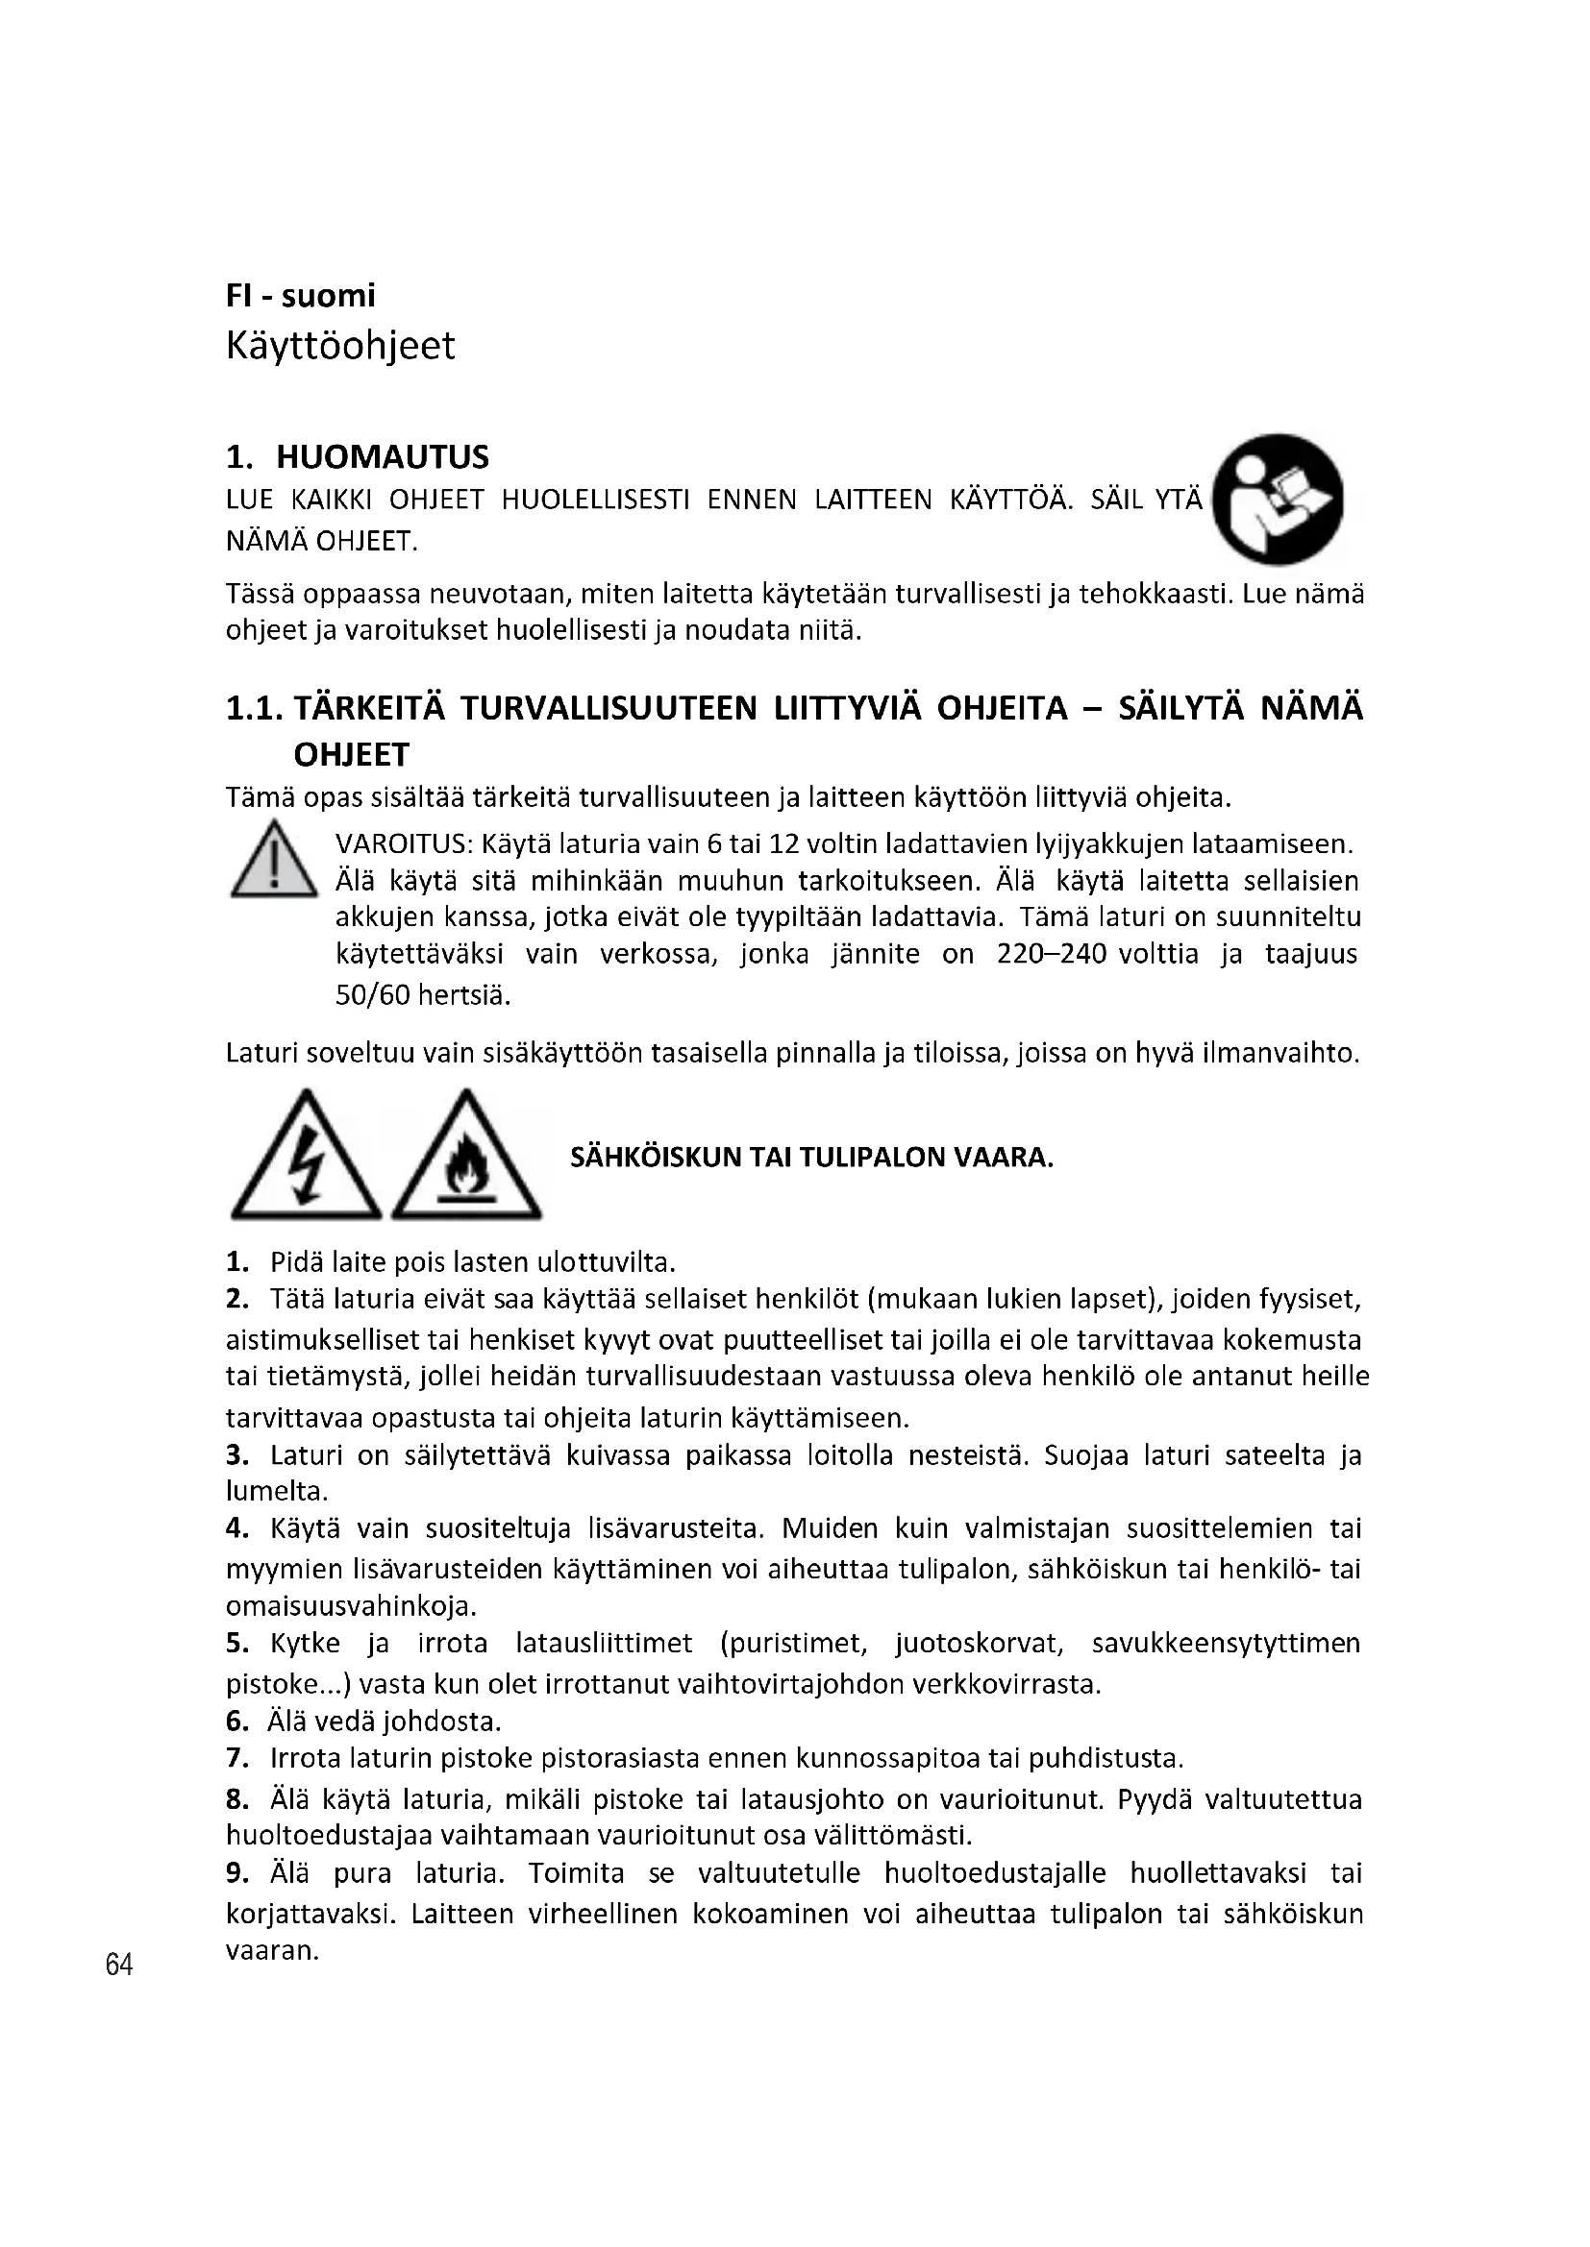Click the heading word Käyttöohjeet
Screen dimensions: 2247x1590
[339, 347]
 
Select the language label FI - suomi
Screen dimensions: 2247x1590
[300, 296]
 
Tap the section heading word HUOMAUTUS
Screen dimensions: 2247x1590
[382, 457]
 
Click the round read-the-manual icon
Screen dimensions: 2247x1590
[1277, 500]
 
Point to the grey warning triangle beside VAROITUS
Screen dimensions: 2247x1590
[273, 861]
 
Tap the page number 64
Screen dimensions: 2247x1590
[118, 1965]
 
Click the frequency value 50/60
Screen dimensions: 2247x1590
[372, 996]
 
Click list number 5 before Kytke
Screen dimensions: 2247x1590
[236, 1643]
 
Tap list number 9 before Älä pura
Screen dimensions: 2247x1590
[236, 1873]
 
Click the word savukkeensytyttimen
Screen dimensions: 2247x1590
[1226, 1643]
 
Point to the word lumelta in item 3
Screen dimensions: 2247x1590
[275, 1492]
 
